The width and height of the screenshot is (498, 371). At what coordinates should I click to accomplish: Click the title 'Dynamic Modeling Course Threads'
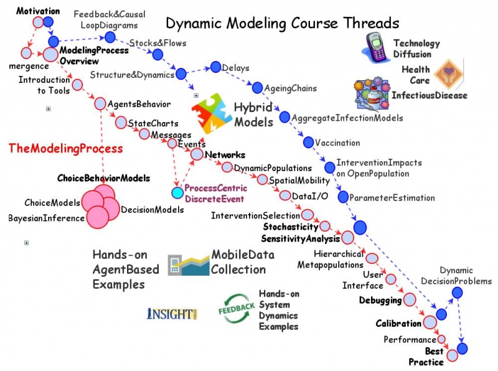pyautogui.click(x=282, y=24)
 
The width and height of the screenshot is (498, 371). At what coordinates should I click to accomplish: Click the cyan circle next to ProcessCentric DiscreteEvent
pyautogui.click(x=177, y=192)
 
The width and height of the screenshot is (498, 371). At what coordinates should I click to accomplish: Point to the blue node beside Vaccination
pyautogui.click(x=308, y=143)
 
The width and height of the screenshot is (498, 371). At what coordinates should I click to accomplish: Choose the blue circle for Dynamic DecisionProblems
pyautogui.click(x=457, y=292)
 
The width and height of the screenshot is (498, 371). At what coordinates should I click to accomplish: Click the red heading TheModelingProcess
pyautogui.click(x=65, y=149)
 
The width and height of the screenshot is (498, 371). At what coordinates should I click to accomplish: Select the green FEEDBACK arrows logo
pyautogui.click(x=236, y=309)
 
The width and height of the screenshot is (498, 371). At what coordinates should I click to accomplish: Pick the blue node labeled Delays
pyautogui.click(x=216, y=67)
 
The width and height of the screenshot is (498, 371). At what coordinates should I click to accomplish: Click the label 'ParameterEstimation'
pyautogui.click(x=392, y=198)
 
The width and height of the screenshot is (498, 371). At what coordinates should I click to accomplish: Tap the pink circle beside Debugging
pyautogui.click(x=410, y=300)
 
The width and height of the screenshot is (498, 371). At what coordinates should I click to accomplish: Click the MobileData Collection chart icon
pyautogui.click(x=189, y=264)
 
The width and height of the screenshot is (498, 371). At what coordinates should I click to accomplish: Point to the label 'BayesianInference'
pyautogui.click(x=46, y=218)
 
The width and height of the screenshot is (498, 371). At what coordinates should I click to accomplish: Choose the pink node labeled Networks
pyautogui.click(x=197, y=154)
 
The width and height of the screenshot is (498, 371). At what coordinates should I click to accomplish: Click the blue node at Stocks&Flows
pyautogui.click(x=158, y=54)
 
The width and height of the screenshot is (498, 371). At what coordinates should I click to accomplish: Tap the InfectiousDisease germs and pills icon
pyautogui.click(x=371, y=95)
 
